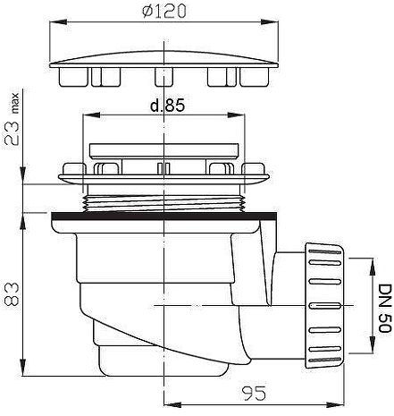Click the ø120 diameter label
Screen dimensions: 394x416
[164, 12]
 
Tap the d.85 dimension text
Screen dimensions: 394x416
[167, 106]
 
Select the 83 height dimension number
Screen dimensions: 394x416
[13, 294]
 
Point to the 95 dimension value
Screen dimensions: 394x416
[253, 394]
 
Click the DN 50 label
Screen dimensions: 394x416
[384, 308]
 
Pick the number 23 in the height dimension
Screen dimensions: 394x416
[13, 133]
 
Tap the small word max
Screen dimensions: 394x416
[14, 103]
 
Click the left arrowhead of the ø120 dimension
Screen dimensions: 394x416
[57, 21]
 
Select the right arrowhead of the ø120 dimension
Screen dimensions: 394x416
[270, 21]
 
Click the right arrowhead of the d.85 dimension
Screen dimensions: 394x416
[236, 115]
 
